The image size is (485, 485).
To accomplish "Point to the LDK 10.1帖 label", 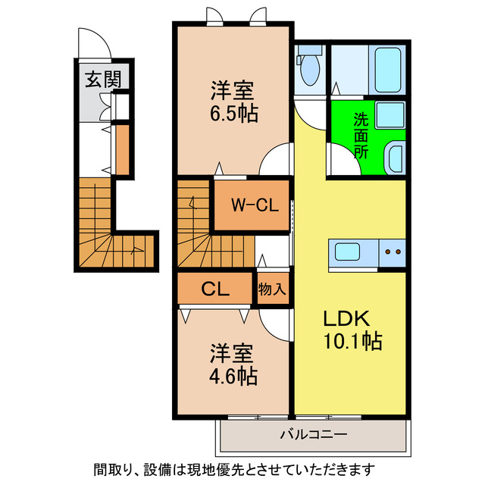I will (x=349, y=330).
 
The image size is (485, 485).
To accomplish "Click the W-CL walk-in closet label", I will (x=252, y=204).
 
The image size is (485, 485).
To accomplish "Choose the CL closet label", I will (x=214, y=289).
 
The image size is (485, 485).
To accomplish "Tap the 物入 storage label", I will (x=272, y=289).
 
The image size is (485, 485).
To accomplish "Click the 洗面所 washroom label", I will (x=361, y=135).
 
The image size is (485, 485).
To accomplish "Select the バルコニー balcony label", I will (x=313, y=434).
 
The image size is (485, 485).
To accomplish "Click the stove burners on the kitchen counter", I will (x=393, y=252).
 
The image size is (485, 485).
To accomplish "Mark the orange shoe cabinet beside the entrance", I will (x=121, y=147).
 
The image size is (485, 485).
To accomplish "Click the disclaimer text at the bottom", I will (x=242, y=468).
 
